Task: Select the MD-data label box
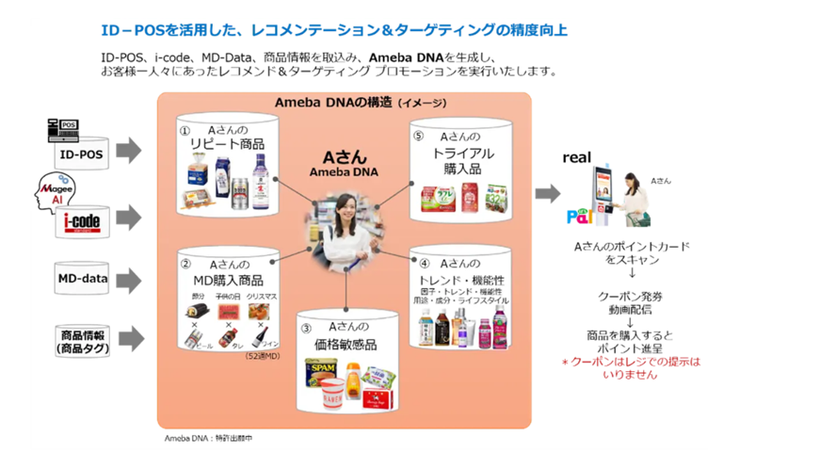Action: [x=82, y=279]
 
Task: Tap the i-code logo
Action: [x=81, y=218]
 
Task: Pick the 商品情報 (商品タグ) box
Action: [x=82, y=340]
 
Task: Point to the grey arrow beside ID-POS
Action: [x=129, y=150]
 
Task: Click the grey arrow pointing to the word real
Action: [x=547, y=193]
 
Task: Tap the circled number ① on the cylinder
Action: [x=185, y=131]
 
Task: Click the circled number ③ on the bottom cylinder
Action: [x=306, y=328]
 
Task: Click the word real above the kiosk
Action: [x=577, y=158]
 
